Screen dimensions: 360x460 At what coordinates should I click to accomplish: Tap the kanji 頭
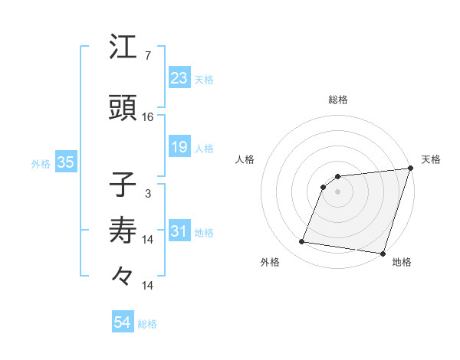coord(123,109)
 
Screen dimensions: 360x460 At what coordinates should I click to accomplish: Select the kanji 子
coord(123,186)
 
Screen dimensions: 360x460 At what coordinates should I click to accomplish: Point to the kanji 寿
coord(123,230)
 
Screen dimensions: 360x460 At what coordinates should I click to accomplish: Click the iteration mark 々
coord(123,274)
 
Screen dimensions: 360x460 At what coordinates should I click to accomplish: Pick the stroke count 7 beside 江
coord(147,56)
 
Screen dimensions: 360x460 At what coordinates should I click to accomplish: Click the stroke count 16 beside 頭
coord(148,116)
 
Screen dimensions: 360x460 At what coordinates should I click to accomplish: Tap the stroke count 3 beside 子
coord(147,193)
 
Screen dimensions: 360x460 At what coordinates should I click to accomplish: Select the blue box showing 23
coord(179,77)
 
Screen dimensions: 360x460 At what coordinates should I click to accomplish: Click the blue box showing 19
coord(179,146)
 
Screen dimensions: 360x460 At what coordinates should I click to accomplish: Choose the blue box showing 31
coord(179,231)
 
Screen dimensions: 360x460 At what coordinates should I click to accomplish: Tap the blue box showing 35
coord(65,162)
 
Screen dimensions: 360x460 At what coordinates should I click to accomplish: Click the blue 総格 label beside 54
coord(148,324)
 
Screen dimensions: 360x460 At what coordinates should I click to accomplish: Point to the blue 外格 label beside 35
coord(41,163)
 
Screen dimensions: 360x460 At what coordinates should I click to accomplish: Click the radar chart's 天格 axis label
coord(432,159)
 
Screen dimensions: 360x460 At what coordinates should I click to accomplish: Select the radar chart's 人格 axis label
coord(245,159)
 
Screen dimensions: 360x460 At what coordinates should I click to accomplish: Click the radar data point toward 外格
coord(302,242)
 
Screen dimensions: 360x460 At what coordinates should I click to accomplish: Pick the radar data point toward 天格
coord(410,169)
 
